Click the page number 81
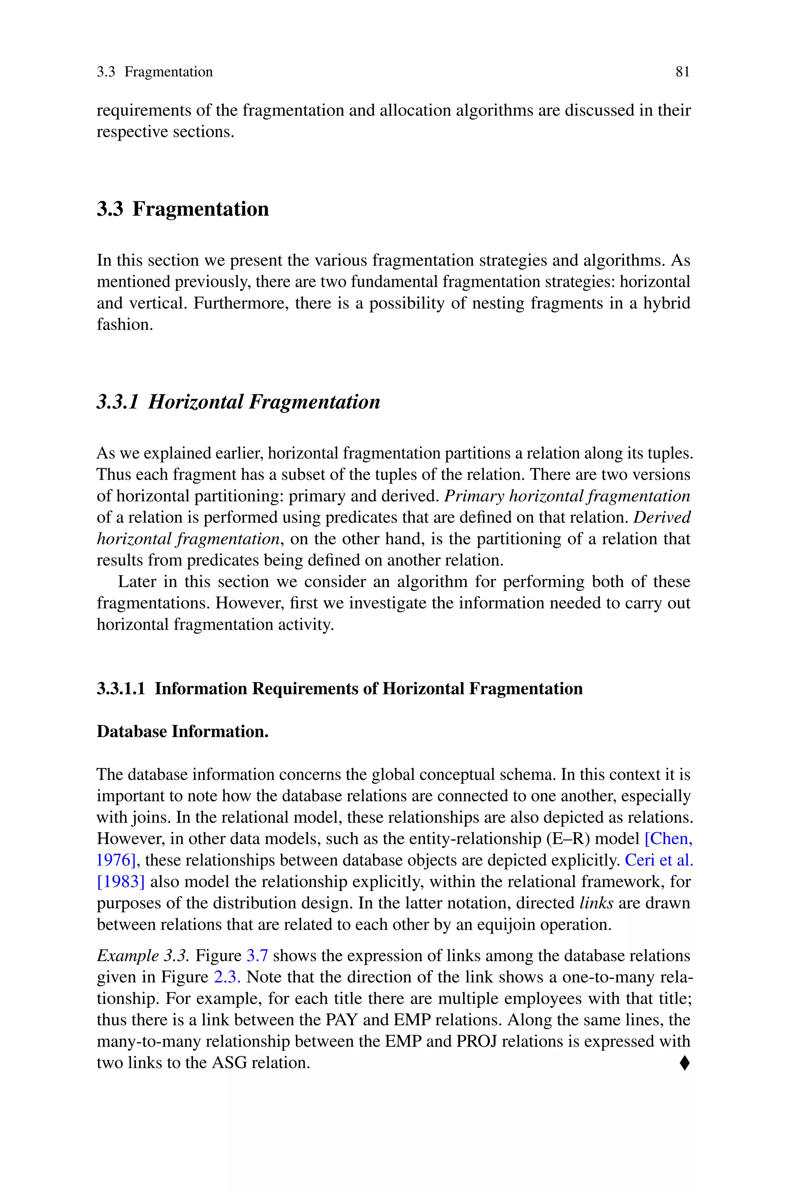(682, 72)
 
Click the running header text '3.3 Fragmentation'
(154, 72)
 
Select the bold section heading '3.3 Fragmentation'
(183, 209)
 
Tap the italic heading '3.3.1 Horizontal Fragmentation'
(238, 402)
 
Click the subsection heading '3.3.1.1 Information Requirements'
(339, 688)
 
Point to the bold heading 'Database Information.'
(183, 731)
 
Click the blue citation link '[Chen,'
(668, 839)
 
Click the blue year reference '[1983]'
(120, 882)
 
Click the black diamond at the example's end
(684, 1063)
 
